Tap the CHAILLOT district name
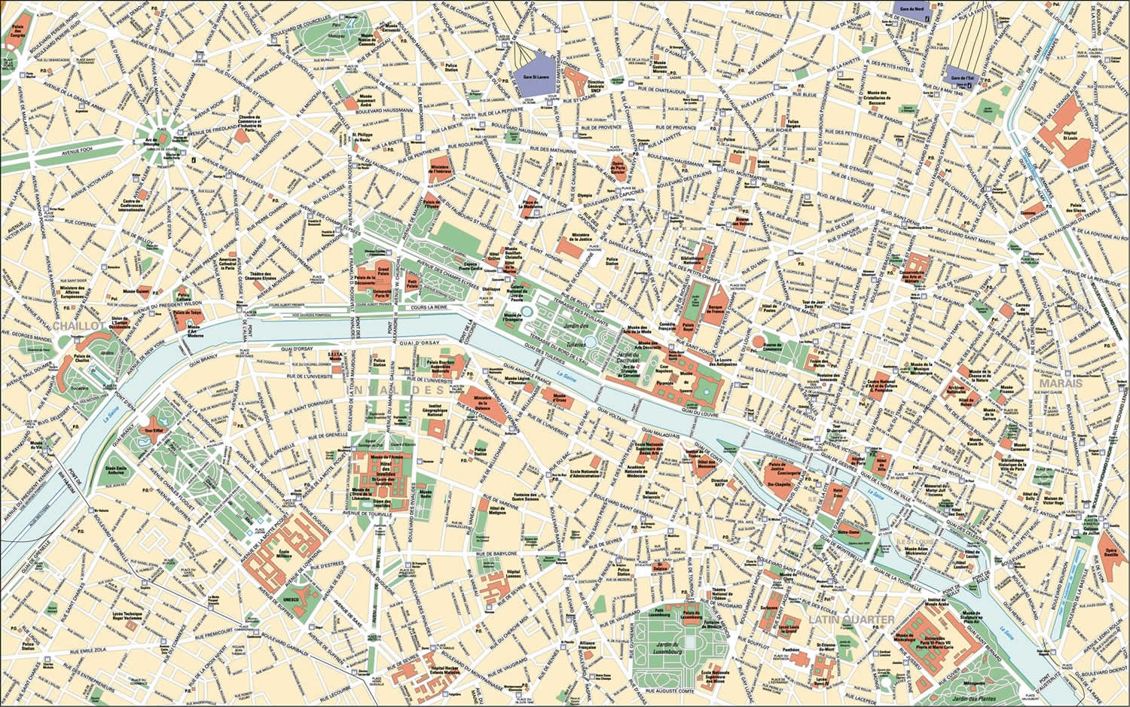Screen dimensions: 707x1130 78,326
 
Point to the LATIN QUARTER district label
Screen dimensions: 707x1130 851,619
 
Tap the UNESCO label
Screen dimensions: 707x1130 289,599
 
